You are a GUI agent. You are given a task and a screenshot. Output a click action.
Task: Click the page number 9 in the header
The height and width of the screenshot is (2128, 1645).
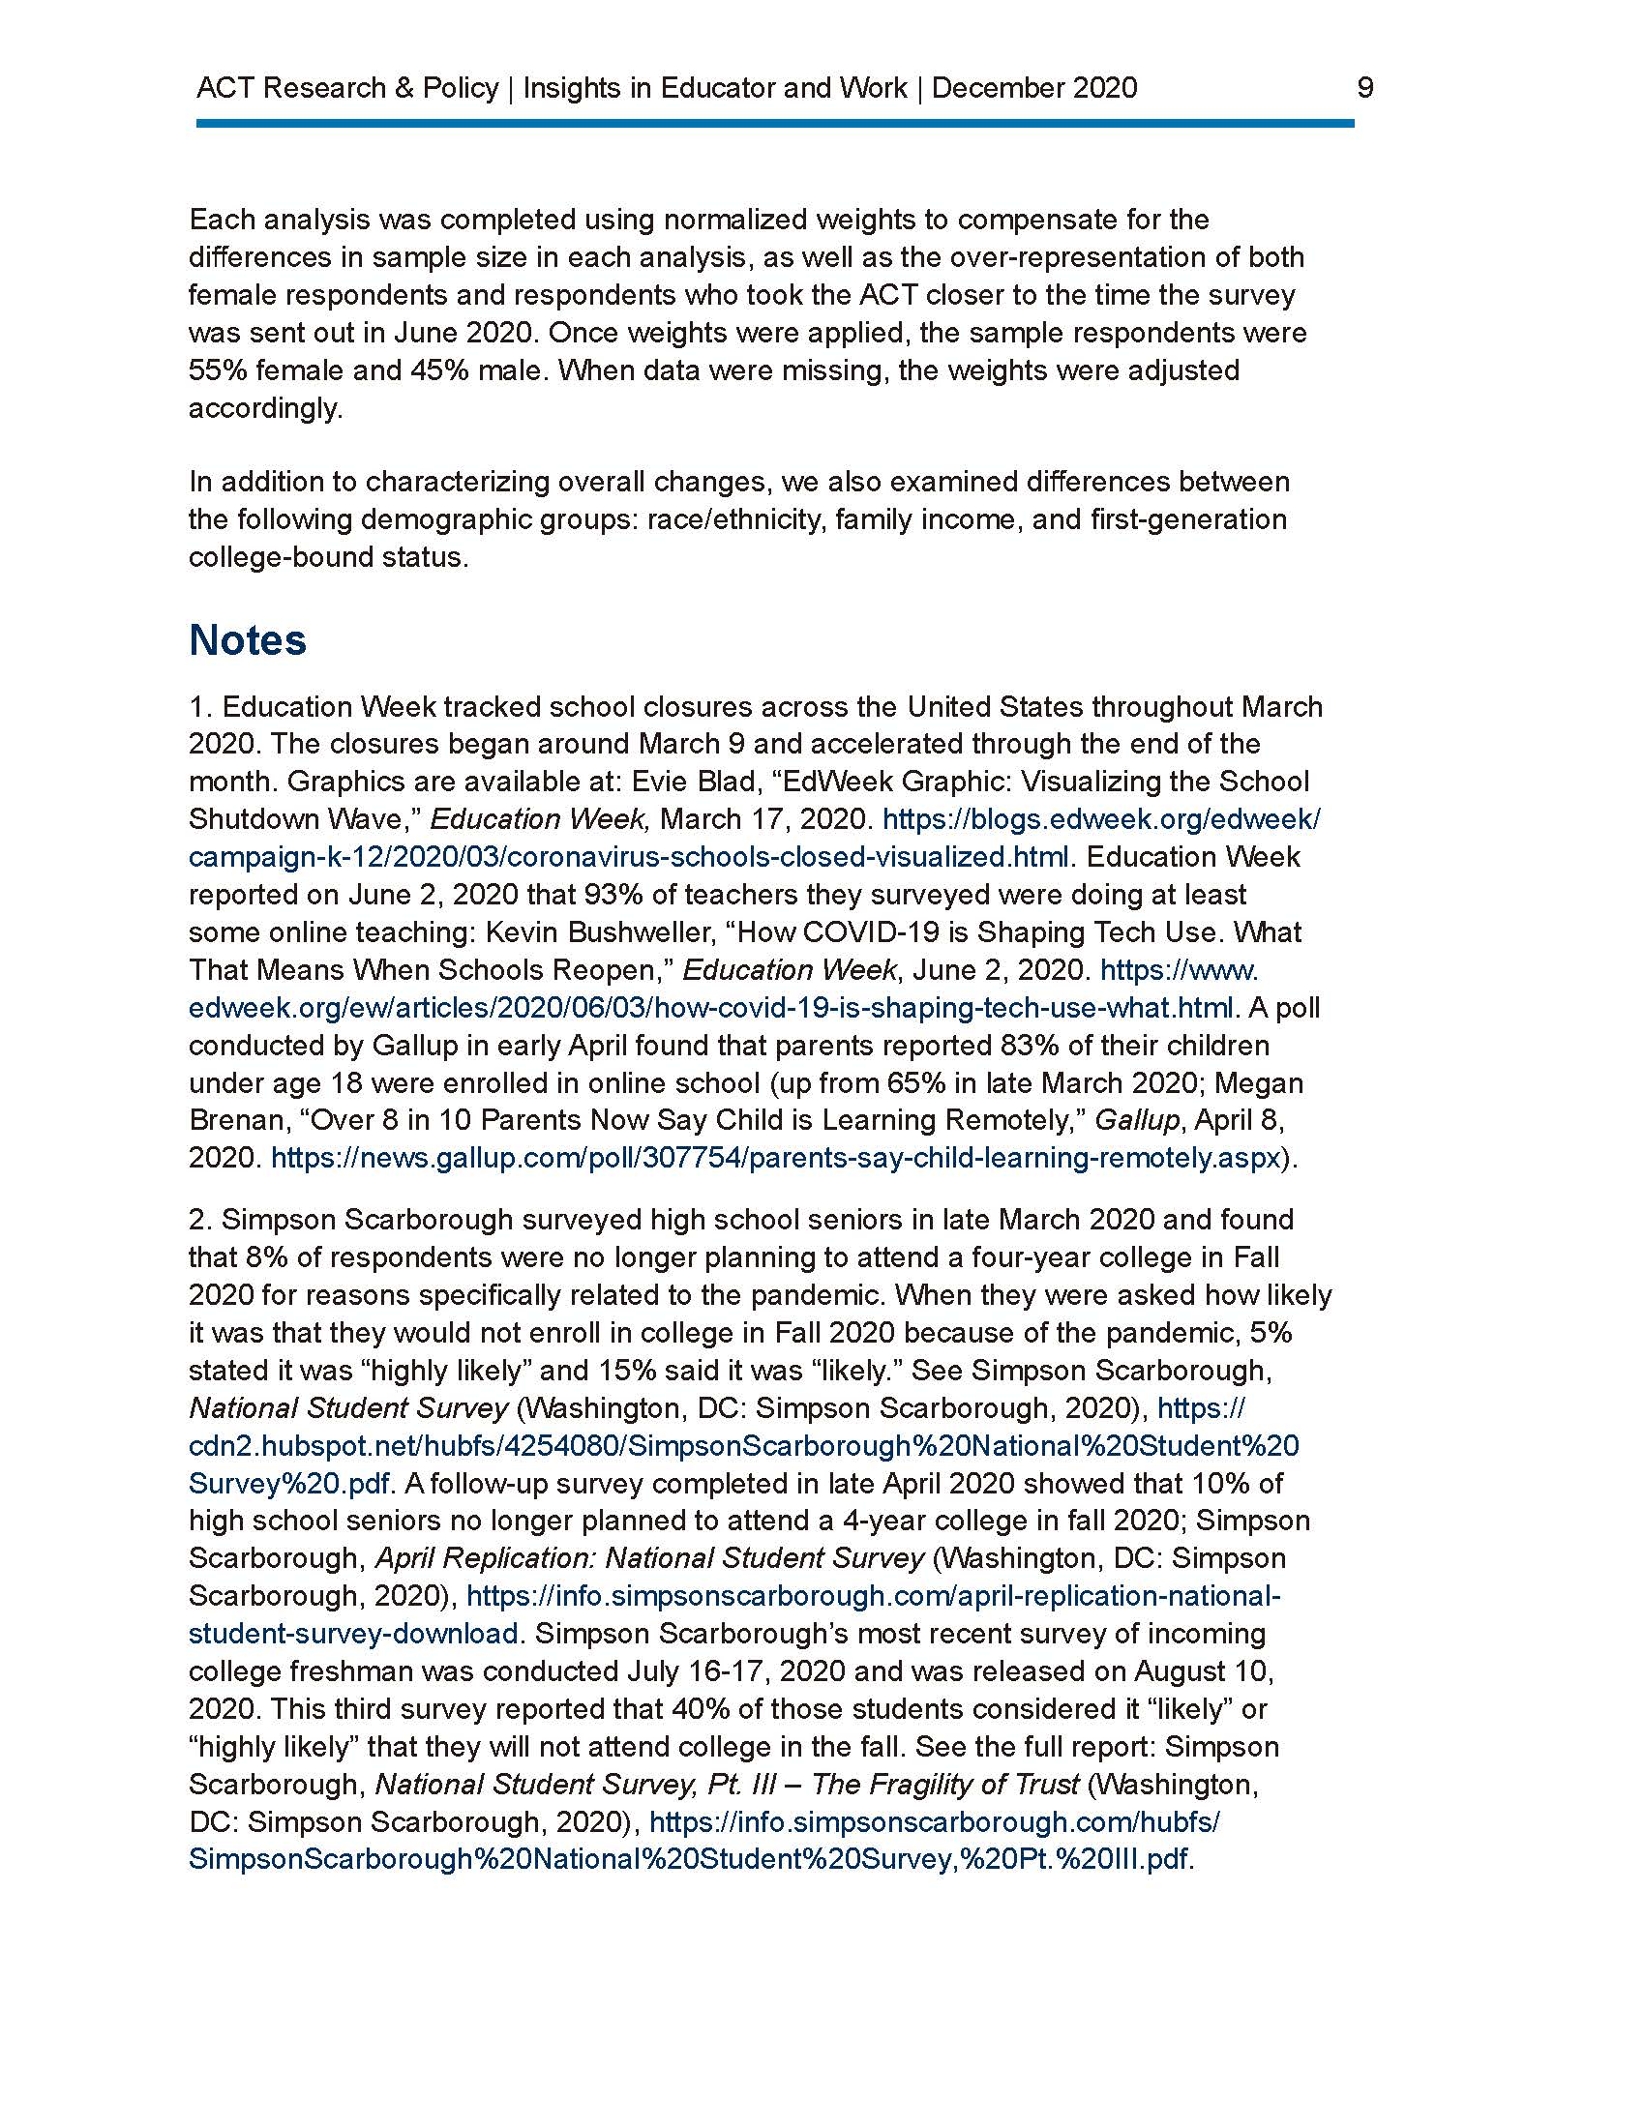tap(1364, 88)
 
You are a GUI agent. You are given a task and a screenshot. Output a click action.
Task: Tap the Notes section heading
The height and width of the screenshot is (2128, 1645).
tap(248, 640)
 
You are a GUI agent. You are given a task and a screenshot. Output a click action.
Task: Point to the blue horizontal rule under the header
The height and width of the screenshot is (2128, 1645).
tap(775, 124)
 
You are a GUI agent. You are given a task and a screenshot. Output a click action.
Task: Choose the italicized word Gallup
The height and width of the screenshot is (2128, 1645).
tap(1136, 1120)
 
